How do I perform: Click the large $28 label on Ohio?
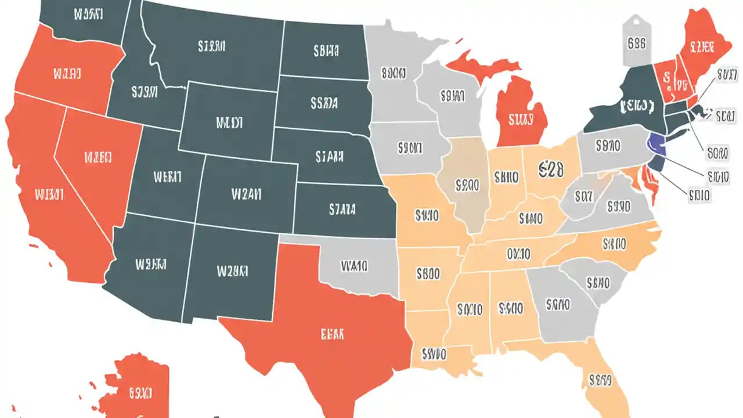click(x=551, y=169)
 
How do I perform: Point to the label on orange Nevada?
click(x=97, y=157)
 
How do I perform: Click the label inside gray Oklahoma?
click(x=354, y=266)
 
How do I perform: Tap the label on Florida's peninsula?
click(x=600, y=380)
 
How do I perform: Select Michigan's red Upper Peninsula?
click(x=467, y=63)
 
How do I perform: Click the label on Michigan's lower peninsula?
click(x=520, y=120)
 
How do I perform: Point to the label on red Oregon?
click(x=67, y=74)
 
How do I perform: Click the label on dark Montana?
click(x=211, y=46)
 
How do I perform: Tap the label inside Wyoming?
click(x=229, y=122)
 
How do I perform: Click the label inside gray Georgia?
click(x=558, y=304)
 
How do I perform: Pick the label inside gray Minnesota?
click(x=393, y=74)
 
